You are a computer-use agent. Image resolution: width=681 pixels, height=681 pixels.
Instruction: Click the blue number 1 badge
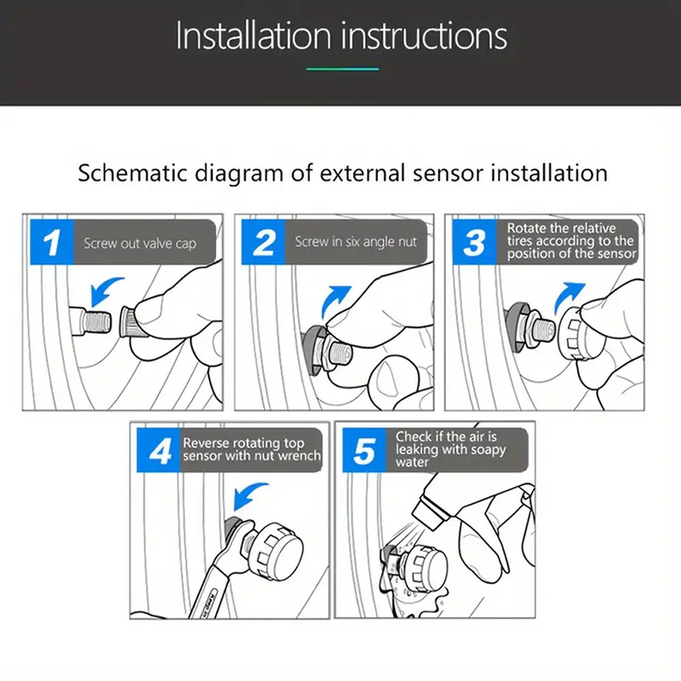pos(52,242)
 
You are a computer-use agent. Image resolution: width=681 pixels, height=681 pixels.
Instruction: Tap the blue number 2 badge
pos(263,242)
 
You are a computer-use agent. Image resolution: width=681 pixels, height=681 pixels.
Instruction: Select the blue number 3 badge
pos(474,242)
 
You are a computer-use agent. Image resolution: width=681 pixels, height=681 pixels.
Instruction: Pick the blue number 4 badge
pos(159,450)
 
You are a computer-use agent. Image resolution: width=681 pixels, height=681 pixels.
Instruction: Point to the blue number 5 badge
pos(364,450)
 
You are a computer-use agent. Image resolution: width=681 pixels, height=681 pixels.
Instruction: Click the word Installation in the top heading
pos(253,35)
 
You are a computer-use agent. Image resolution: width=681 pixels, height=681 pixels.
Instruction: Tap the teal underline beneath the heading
pos(343,69)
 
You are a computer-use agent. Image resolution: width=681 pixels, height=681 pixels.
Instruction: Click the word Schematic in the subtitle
pos(133,173)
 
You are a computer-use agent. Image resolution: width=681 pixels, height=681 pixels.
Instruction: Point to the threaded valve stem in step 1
pos(91,321)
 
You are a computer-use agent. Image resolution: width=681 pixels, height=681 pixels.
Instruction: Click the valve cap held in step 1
pos(129,321)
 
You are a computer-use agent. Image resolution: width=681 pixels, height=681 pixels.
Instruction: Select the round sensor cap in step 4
pos(276,550)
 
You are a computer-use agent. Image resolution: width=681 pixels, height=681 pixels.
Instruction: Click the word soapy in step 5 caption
pos(486,450)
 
